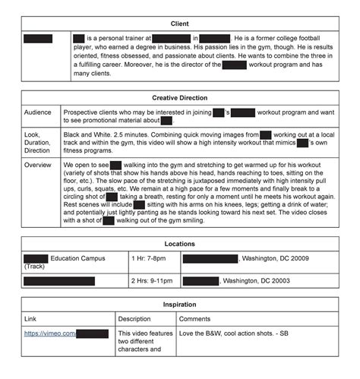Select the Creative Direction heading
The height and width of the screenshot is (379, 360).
point(179,98)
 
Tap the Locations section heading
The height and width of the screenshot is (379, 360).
point(179,244)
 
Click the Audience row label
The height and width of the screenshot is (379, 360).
point(37,112)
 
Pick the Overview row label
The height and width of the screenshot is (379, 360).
point(38,164)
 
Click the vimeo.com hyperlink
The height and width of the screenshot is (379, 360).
point(49,333)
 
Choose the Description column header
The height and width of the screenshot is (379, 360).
point(134,318)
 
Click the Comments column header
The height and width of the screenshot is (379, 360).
point(195,318)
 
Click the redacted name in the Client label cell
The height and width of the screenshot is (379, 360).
point(38,38)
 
